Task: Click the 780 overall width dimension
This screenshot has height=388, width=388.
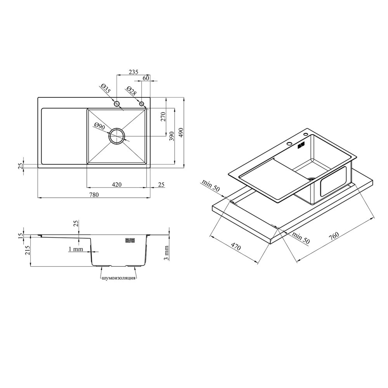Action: coord(94,195)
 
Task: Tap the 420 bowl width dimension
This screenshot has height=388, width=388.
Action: coord(117,185)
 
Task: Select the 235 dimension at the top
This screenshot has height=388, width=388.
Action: coord(133,72)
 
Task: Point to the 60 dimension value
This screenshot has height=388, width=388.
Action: coord(146,78)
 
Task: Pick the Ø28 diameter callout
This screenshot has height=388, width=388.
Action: coord(131,91)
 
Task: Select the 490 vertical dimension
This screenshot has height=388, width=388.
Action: coord(180,133)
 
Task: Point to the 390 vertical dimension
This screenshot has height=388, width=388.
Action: coord(172,136)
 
